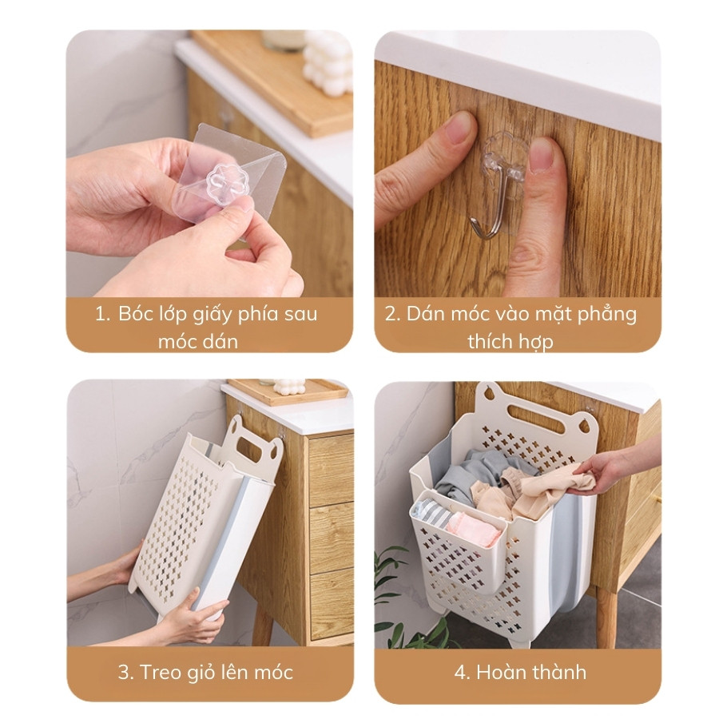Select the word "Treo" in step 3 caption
point(162,672)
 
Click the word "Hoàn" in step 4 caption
point(503,672)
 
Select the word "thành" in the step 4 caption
point(559,672)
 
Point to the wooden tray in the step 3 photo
point(288,391)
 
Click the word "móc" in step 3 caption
point(275,672)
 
